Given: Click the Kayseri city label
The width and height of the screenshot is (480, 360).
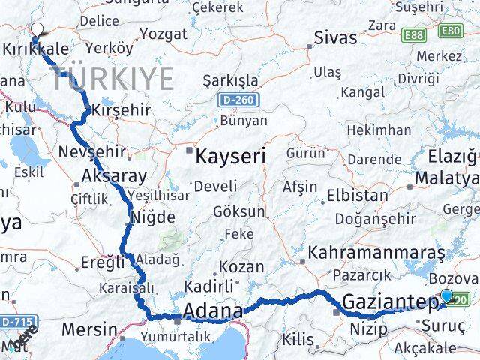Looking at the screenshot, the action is tap(230, 157).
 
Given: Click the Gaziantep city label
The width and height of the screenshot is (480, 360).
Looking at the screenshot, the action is tap(390, 302).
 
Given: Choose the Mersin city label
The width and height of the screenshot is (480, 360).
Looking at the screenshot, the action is tap(89, 328).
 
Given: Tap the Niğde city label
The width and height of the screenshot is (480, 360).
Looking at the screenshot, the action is tap(153, 217).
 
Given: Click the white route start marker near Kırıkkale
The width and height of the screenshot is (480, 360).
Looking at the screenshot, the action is tap(36, 30).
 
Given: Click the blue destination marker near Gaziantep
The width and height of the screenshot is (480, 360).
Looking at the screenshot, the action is tap(448, 296).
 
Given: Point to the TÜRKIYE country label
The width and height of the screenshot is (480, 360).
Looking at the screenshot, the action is tap(113, 78).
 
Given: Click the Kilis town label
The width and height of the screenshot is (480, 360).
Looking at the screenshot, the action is tap(298, 339).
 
